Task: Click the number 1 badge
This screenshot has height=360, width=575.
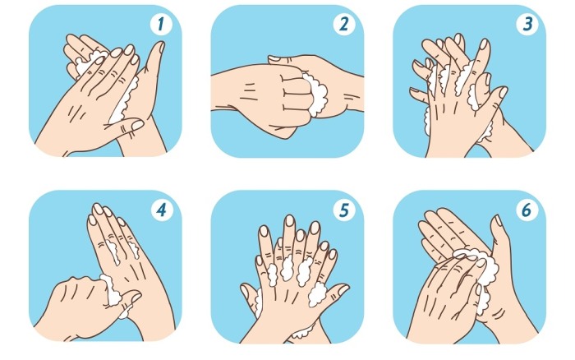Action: tap(161, 24)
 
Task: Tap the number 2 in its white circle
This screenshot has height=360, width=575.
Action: tap(343, 24)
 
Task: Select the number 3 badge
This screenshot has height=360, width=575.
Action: tap(527, 24)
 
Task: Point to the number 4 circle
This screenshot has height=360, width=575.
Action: tap(161, 210)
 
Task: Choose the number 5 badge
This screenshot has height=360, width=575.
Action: tap(343, 210)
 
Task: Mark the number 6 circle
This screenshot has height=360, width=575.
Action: tap(527, 210)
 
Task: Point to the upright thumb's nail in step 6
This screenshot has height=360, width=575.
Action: tap(499, 220)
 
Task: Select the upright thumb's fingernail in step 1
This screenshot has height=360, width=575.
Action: tap(161, 47)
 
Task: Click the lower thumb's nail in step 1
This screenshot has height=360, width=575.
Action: tap(137, 125)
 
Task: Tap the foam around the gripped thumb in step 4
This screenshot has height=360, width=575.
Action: tap(113, 291)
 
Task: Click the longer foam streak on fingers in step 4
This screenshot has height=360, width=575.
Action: tap(113, 252)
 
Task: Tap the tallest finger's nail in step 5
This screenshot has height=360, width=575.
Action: tap(289, 220)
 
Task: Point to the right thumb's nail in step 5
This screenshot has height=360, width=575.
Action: tap(343, 290)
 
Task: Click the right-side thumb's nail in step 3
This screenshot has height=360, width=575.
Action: tap(503, 92)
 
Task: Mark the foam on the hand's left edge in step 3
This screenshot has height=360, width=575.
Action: tap(427, 120)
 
